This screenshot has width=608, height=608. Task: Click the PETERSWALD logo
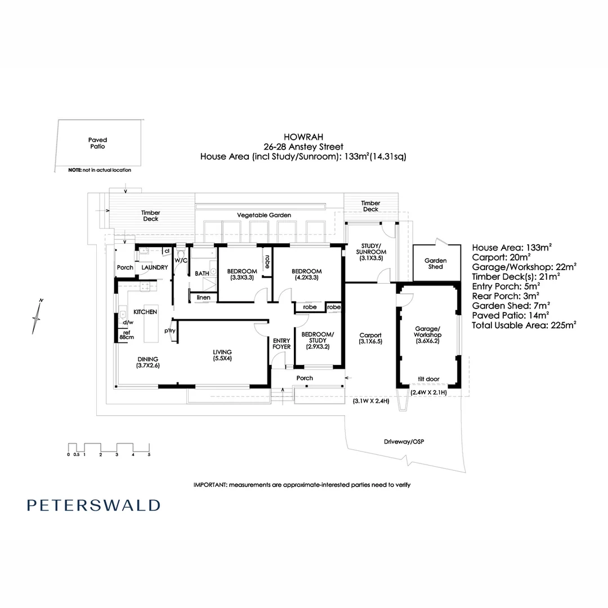[x=93, y=505]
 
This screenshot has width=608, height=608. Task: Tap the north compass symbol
[x=37, y=318]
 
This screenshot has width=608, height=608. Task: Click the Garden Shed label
[x=435, y=263]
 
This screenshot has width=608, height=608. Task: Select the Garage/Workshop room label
[x=427, y=334]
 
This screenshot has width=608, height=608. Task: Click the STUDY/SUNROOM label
[x=370, y=252]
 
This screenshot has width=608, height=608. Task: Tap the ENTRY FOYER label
[x=281, y=343]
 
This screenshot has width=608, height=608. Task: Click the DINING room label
[x=147, y=362]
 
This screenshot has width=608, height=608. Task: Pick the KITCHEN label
[x=145, y=311]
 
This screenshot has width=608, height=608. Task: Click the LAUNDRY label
[x=154, y=267]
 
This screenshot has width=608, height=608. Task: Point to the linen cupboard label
[x=203, y=297]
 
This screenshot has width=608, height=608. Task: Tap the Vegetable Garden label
[x=263, y=215]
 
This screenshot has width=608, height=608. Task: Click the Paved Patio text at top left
[x=97, y=143]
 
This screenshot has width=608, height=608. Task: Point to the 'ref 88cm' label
[x=124, y=334]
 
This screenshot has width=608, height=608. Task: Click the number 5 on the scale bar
[x=149, y=454]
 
